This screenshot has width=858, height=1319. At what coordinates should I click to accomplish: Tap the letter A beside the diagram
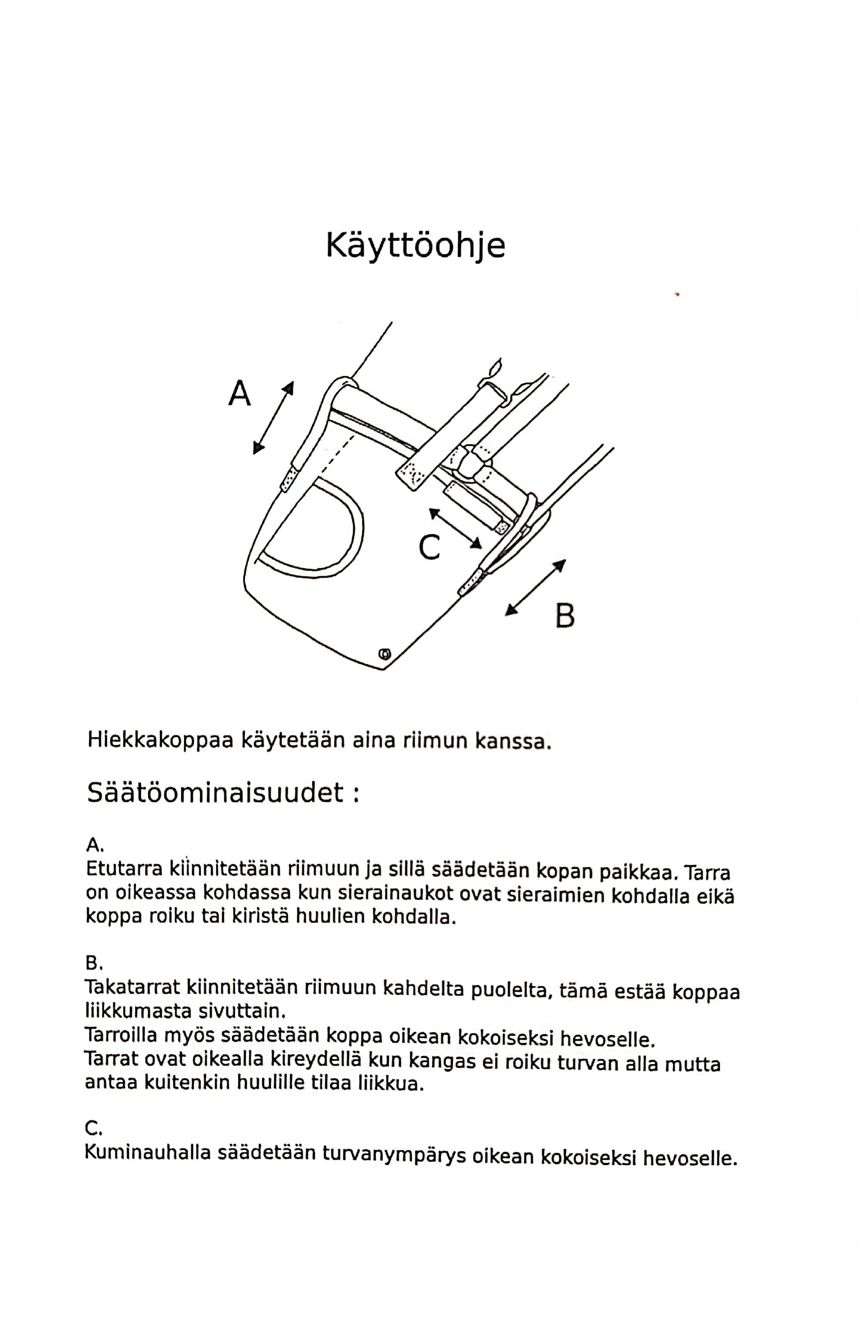click(x=240, y=393)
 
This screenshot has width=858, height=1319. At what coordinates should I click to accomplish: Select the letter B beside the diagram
click(x=564, y=616)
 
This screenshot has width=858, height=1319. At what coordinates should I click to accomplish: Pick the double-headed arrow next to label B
click(x=535, y=587)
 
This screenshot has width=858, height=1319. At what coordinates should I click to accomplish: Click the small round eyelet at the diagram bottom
click(x=384, y=654)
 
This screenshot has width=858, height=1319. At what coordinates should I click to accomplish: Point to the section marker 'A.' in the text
click(x=95, y=845)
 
